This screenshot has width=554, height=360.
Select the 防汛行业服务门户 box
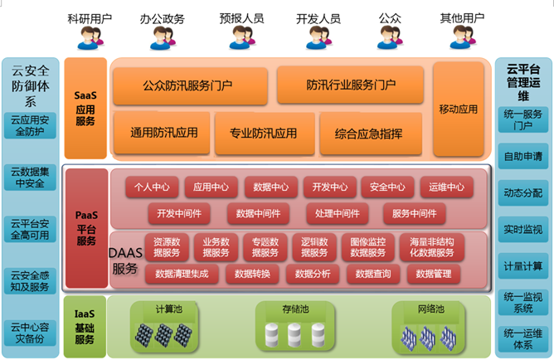click(350, 85)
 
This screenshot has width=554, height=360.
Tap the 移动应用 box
click(458, 109)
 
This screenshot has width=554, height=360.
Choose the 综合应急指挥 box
click(369, 133)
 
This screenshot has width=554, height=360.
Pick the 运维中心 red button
click(446, 187)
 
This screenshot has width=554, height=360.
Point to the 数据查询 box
click(372, 273)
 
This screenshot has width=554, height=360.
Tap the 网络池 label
click(430, 309)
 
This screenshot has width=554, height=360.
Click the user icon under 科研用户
click(90, 36)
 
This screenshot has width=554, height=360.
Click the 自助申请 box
click(523, 155)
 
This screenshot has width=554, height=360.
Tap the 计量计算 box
click(523, 265)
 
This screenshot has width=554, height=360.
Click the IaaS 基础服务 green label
click(85, 327)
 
